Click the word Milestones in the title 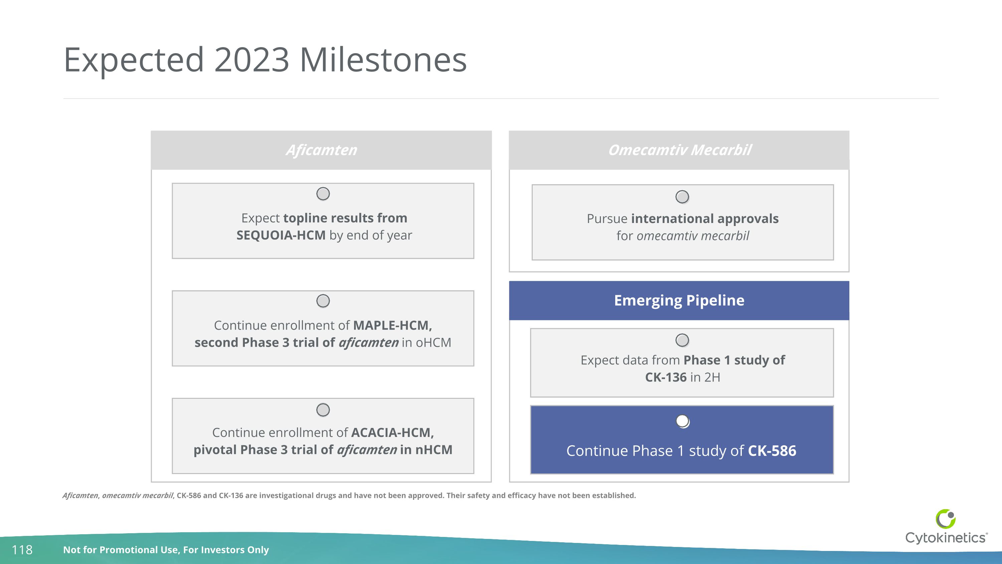click(383, 60)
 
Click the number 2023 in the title click(251, 60)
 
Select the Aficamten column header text click(321, 150)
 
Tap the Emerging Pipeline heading click(679, 301)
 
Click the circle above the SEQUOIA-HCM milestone click(323, 194)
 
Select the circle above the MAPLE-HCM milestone click(323, 301)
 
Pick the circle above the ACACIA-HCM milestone click(323, 410)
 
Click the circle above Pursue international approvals click(682, 197)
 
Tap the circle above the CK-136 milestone click(682, 340)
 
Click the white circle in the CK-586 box click(682, 421)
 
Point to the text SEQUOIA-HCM click(281, 235)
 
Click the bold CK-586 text click(772, 451)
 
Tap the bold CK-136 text click(666, 377)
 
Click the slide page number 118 click(22, 550)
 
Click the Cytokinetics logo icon click(945, 519)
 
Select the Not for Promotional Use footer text click(166, 550)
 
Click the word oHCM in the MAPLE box click(433, 343)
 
